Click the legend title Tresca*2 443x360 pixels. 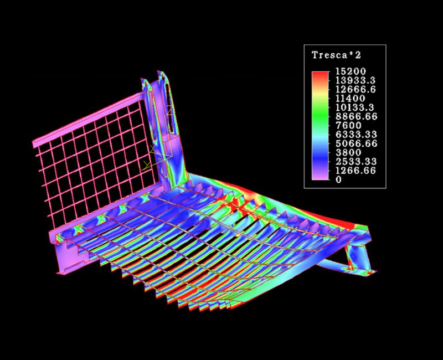(336, 55)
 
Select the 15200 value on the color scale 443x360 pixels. (351, 71)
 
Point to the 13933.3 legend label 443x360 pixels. (356, 80)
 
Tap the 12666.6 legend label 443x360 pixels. (356, 89)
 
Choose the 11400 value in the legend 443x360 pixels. (351, 99)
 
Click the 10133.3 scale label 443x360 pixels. (355, 107)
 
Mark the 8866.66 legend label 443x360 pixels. (357, 116)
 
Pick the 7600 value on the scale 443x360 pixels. (348, 125)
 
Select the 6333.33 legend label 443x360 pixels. (356, 134)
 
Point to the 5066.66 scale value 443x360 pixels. (357, 143)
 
